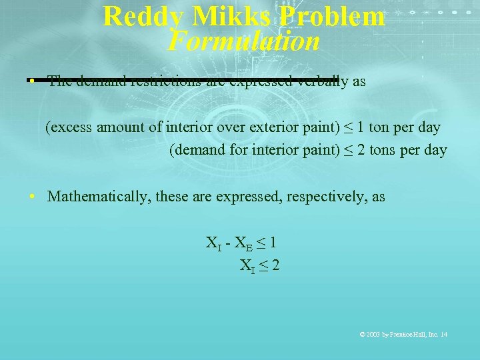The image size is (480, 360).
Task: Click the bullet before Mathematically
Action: click(32, 197)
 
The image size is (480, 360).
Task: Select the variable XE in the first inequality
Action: click(240, 243)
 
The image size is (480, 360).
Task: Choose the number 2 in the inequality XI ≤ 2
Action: click(275, 265)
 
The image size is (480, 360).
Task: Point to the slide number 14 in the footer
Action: click(444, 334)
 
